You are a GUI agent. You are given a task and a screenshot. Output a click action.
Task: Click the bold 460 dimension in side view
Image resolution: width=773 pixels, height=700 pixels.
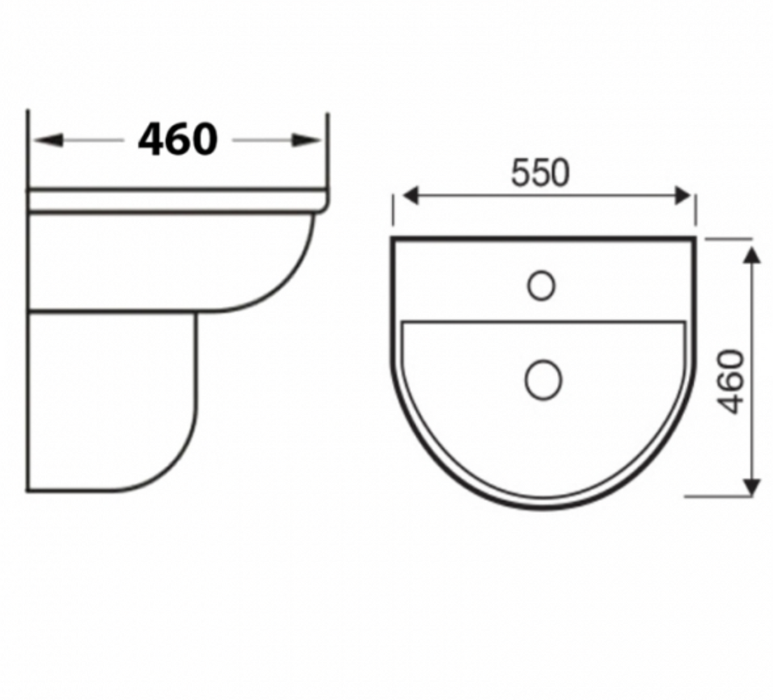coord(178,139)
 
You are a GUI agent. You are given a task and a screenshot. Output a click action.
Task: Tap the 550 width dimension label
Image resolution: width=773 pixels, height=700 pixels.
coord(540,173)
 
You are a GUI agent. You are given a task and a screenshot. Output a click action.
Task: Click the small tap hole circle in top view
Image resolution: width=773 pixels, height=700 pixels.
coord(541,286)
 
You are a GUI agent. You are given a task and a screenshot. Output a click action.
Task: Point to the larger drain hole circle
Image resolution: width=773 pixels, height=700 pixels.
coord(543,380)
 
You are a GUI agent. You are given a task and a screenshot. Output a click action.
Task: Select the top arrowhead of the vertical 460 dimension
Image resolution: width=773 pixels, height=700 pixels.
coord(752,253)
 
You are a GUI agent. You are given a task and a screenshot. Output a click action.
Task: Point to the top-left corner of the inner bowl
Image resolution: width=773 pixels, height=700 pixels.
coord(404,324)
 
